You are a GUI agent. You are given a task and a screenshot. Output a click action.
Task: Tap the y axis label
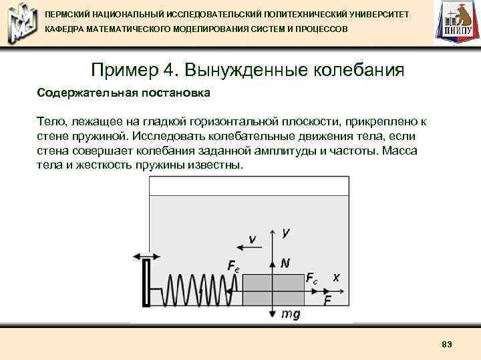(x=286, y=232)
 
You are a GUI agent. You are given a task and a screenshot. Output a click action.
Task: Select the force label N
(x=285, y=263)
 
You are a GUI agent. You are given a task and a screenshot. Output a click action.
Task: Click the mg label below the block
(x=290, y=314)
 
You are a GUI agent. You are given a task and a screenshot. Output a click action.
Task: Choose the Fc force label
(x=312, y=278)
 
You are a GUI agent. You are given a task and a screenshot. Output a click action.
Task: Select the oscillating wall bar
(x=146, y=283)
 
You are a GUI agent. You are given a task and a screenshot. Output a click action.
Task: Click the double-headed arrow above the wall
(x=146, y=255)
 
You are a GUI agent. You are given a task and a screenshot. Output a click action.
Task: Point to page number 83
(x=447, y=343)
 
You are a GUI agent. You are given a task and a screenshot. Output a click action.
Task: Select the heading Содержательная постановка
(x=124, y=93)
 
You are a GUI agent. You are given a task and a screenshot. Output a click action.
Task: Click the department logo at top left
(x=19, y=23)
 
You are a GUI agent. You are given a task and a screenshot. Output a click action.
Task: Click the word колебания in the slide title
(x=353, y=70)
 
